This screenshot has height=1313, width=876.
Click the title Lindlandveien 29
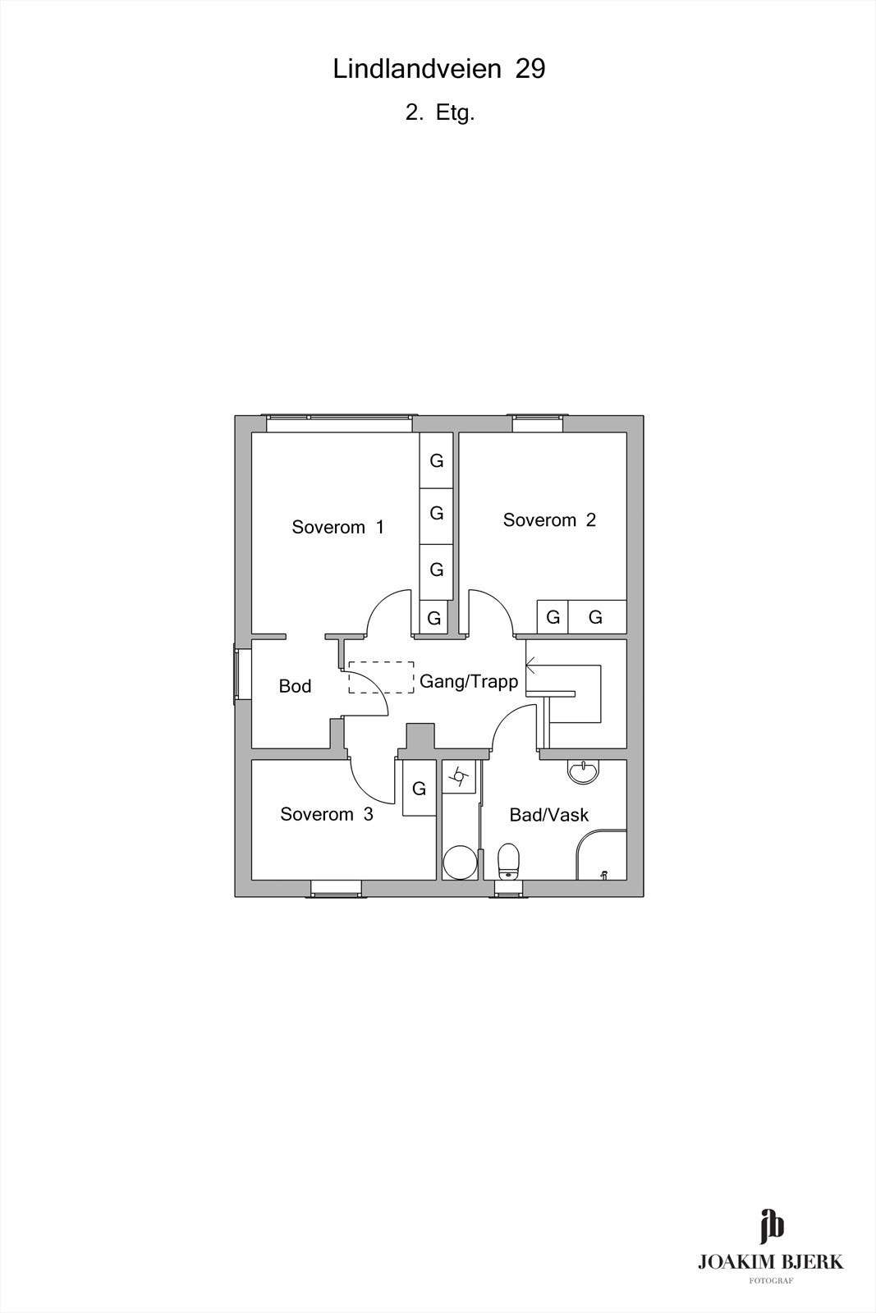pyautogui.click(x=439, y=69)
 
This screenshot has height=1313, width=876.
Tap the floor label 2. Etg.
pyautogui.click(x=440, y=112)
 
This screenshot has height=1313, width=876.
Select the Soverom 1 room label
pyautogui.click(x=337, y=527)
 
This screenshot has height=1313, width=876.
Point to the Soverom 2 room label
pyautogui.click(x=549, y=520)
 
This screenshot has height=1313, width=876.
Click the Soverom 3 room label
pyautogui.click(x=327, y=814)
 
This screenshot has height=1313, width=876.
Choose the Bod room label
pyautogui.click(x=295, y=686)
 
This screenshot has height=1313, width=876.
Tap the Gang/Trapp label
pyautogui.click(x=469, y=681)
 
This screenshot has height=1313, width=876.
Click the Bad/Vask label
pyautogui.click(x=548, y=815)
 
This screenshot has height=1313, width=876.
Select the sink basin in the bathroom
pyautogui.click(x=584, y=771)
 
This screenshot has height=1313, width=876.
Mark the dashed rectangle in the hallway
pyautogui.click(x=381, y=678)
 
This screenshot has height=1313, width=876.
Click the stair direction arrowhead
pyautogui.click(x=531, y=666)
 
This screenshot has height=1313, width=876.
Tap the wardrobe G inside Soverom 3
pyautogui.click(x=420, y=789)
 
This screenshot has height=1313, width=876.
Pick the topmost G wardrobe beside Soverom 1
pyautogui.click(x=436, y=460)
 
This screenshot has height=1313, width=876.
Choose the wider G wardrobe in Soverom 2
pyautogui.click(x=597, y=616)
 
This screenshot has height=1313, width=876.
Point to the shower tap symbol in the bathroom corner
pyautogui.click(x=603, y=875)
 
